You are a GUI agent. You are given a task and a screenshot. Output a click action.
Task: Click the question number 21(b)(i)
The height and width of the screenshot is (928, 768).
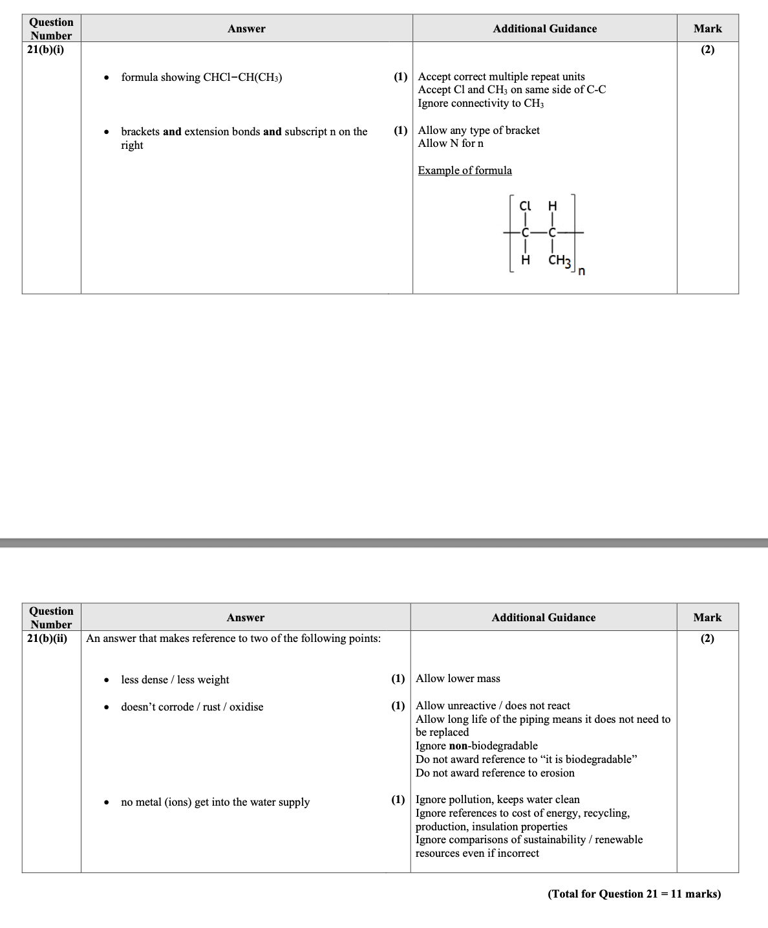45,49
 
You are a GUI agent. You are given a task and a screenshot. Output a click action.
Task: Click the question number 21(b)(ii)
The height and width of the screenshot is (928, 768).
47,638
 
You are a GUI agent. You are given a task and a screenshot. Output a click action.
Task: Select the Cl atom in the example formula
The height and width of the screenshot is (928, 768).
525,206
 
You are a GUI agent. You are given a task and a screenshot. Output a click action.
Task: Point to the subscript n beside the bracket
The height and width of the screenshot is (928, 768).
582,271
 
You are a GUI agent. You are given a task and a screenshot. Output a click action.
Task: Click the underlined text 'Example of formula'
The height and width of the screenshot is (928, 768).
465,170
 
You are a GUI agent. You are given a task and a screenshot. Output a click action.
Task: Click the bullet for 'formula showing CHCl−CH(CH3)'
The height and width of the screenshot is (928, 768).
106,78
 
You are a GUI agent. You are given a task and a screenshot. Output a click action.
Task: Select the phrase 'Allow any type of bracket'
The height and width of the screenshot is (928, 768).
478,130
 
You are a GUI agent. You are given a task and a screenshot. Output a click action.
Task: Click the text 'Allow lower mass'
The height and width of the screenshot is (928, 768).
458,678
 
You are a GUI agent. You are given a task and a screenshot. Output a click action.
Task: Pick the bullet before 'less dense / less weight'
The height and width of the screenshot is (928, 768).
106,680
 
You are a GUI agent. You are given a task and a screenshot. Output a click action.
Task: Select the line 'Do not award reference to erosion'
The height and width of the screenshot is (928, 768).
495,773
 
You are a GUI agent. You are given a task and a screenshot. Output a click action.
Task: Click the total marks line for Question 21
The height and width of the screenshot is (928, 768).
634,894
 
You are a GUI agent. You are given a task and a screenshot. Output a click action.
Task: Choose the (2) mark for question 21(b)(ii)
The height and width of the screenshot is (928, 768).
707,638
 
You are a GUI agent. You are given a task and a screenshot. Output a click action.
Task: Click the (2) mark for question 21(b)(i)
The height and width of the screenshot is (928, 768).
707,49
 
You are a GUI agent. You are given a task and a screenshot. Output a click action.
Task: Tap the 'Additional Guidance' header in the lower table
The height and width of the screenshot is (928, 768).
543,617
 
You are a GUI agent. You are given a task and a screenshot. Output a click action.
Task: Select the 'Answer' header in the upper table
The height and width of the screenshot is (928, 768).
246,28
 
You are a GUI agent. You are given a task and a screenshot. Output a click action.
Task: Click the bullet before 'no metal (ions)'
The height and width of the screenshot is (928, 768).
106,802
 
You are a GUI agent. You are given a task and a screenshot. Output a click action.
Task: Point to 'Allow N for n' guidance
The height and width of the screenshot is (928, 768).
451,143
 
